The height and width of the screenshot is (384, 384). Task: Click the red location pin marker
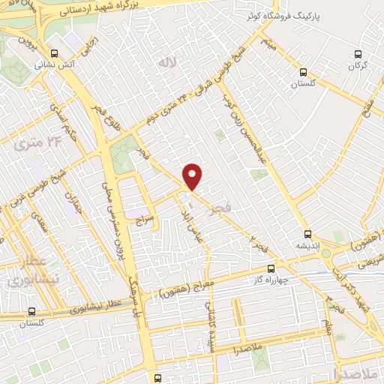[x=193, y=175]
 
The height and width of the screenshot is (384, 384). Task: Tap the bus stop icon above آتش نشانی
[x=54, y=53]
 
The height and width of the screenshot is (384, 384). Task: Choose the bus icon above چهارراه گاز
[x=271, y=268]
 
